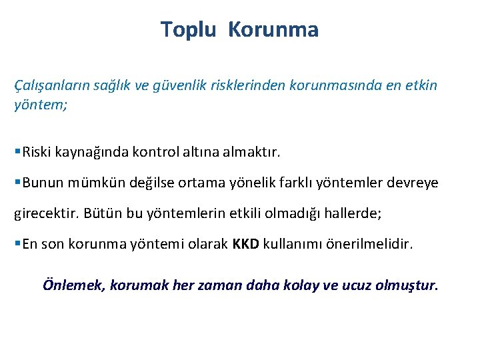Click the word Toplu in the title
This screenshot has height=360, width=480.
tap(188, 30)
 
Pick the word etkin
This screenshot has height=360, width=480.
tap(421, 86)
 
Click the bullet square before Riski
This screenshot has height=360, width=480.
tap(17, 153)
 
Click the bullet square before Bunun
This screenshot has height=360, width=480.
tap(17, 183)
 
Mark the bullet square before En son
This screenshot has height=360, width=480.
tap(17, 244)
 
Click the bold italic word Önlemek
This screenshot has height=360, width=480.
tap(69, 285)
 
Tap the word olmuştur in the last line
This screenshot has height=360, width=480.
tap(406, 286)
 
